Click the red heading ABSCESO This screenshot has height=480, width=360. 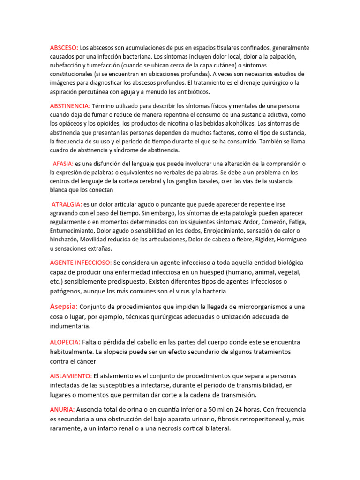(64, 48)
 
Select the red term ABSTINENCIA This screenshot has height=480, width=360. (70, 106)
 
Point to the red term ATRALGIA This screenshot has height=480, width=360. (67, 204)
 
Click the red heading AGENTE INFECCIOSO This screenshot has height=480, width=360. (81, 262)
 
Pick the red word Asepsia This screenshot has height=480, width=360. (64, 307)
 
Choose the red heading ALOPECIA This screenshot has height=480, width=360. (65, 342)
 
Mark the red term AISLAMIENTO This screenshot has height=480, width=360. (71, 376)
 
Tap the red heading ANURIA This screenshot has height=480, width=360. (62, 410)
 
